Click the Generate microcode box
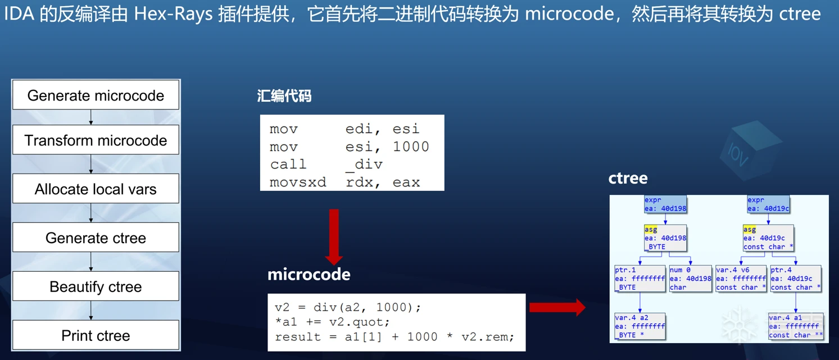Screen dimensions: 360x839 [96, 95]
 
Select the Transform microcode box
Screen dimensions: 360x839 [96, 140]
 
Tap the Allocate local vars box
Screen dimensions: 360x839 [96, 189]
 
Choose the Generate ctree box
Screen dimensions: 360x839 [96, 238]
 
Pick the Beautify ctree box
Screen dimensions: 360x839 [96, 287]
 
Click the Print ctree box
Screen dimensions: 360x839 [96, 336]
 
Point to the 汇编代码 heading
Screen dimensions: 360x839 [284, 96]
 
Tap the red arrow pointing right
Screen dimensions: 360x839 [557, 307]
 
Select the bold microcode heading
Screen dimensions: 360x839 [309, 274]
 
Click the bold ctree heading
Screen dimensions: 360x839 [628, 178]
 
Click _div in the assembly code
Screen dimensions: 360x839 [364, 165]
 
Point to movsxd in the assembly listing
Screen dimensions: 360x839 [298, 183]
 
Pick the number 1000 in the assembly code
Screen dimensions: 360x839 [411, 147]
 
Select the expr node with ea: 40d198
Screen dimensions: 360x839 [665, 204]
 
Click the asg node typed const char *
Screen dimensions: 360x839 [768, 238]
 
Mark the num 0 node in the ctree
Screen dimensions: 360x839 [690, 279]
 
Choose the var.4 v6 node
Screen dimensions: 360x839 [741, 279]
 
